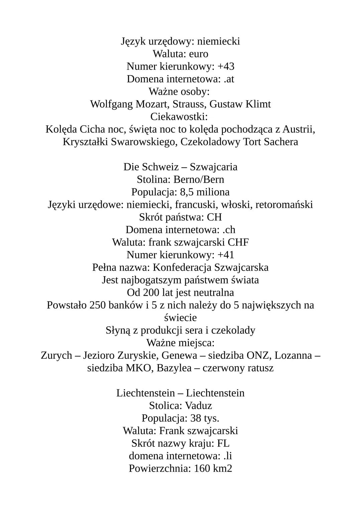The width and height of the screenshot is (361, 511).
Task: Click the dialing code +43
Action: pyautogui.click(x=226, y=66)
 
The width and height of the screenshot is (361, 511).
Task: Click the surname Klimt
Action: pyautogui.click(x=258, y=104)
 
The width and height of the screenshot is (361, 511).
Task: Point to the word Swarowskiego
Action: pyautogui.click(x=143, y=142)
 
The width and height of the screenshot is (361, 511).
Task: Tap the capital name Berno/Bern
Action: pyautogui.click(x=199, y=179)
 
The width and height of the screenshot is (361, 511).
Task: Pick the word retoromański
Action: pyautogui.click(x=284, y=204)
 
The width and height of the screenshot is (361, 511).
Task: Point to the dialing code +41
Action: pyautogui.click(x=226, y=255)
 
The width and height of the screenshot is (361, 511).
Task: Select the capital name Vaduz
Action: pyautogui.click(x=199, y=406)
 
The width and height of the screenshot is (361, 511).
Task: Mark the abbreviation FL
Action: pyautogui.click(x=223, y=443)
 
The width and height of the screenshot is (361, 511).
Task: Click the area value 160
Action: pyautogui.click(x=202, y=469)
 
